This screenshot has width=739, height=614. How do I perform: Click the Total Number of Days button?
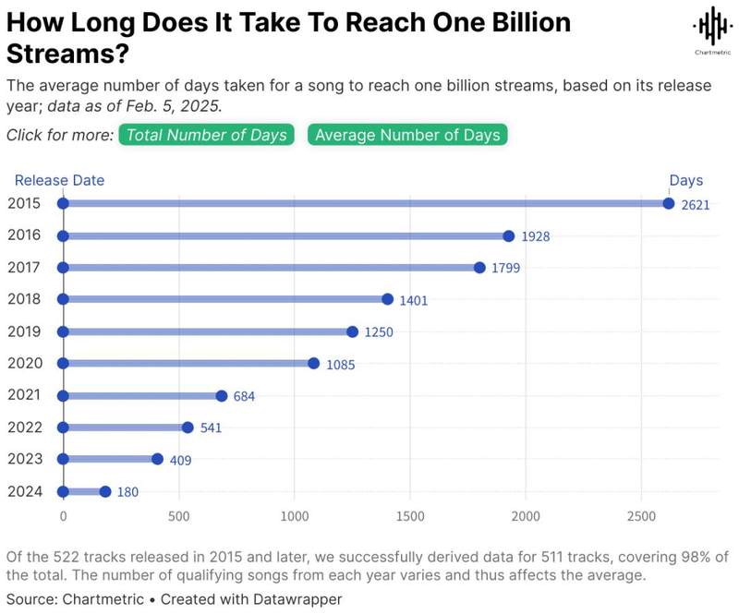(x=208, y=135)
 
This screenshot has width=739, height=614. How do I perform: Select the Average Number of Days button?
(x=407, y=135)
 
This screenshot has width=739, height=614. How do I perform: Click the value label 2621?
(x=696, y=205)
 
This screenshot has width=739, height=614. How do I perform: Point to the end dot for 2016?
(x=509, y=236)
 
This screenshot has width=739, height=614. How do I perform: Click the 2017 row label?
(x=23, y=267)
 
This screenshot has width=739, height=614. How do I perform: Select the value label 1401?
(x=414, y=301)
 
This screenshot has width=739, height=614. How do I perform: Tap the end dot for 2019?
(x=352, y=331)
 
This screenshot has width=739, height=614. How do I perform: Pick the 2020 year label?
(x=23, y=363)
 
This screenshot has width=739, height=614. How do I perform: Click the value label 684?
(x=244, y=397)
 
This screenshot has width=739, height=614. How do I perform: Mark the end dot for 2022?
(x=188, y=427)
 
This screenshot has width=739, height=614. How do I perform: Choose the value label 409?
(x=180, y=461)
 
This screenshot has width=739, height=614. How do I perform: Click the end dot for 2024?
(x=104, y=492)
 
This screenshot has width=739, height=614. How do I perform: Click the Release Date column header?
(x=59, y=180)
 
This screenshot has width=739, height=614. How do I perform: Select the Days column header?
(x=686, y=180)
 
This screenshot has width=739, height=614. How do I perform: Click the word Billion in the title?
(x=523, y=22)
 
